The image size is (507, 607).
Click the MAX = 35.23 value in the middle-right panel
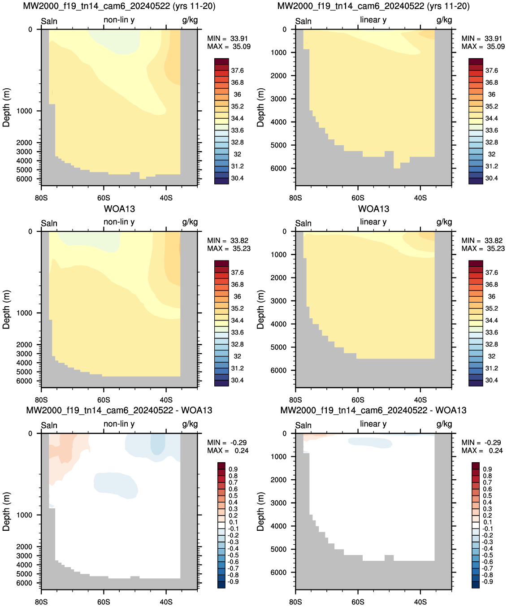pos(483,248)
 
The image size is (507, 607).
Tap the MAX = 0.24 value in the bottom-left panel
pos(228,451)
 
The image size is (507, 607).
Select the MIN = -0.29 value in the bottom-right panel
pos(481,443)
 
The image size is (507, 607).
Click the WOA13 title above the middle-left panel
pos(119,209)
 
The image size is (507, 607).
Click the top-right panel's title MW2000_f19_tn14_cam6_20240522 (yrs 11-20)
pos(373,6)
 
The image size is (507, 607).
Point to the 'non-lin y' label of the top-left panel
pos(119,20)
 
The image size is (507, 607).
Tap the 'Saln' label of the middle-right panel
pos(303,223)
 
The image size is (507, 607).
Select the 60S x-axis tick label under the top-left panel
pos(104,198)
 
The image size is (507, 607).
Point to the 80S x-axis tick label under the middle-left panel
pos(41,400)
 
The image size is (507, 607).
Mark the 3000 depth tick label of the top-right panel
pos(278,99)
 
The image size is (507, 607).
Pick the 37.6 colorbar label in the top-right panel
pos(491,71)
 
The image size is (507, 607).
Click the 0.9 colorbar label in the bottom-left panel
pos(233,469)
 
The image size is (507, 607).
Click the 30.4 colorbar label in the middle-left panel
pos(237,380)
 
